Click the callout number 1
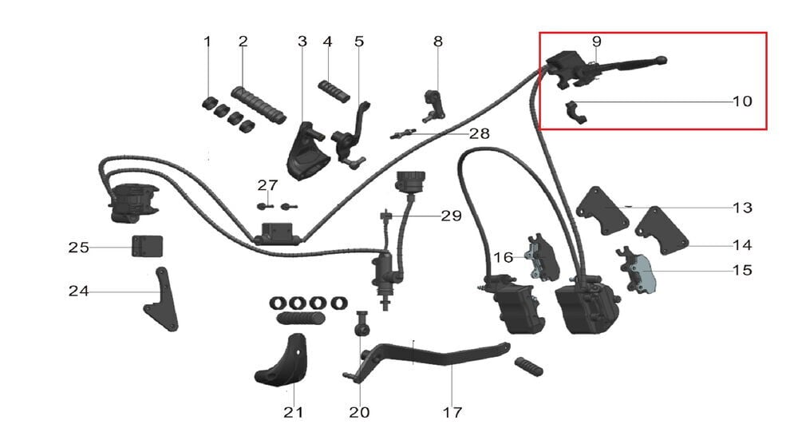[x=207, y=42]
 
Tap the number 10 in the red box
[x=742, y=102]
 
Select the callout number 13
[x=742, y=208]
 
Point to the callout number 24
[x=78, y=291]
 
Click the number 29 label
[x=451, y=216]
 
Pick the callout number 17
[x=452, y=412]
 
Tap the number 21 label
[x=294, y=412]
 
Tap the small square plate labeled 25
[x=142, y=247]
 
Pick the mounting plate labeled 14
[x=662, y=231]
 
